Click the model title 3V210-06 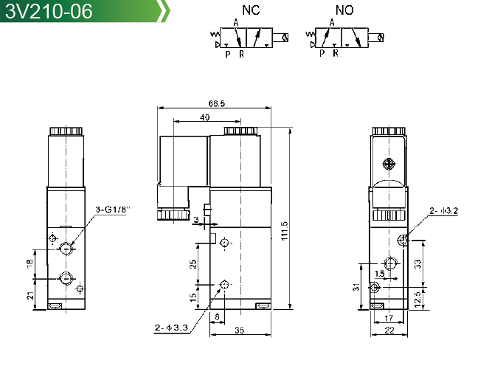49,11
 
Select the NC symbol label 251,10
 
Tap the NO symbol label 344,10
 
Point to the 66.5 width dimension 216,103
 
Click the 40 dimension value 204,117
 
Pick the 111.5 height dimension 285,231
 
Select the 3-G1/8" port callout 112,210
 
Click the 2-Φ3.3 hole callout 171,328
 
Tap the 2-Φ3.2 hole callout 443,211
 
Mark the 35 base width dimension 239,330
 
